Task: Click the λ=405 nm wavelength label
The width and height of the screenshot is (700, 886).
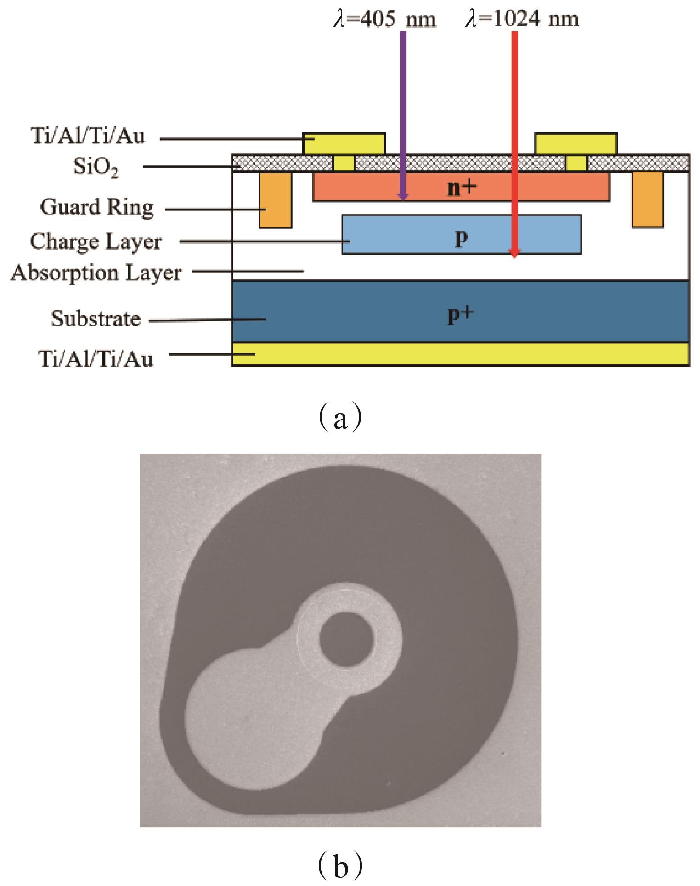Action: (384, 20)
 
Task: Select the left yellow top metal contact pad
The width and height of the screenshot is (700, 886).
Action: (344, 143)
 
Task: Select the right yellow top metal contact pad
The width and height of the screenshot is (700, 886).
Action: (576, 143)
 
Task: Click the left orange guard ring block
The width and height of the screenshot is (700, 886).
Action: (275, 199)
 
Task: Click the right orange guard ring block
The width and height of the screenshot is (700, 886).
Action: (647, 199)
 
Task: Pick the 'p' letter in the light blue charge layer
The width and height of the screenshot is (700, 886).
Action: (462, 237)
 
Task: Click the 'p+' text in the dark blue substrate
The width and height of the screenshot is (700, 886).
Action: (460, 315)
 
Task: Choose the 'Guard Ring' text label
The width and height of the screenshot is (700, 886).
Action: (96, 208)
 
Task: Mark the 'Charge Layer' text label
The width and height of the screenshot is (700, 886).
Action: (96, 242)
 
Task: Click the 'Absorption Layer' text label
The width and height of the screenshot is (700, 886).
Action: (96, 273)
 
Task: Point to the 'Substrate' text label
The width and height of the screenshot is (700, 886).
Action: (96, 318)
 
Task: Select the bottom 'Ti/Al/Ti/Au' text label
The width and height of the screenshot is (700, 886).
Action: (96, 359)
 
